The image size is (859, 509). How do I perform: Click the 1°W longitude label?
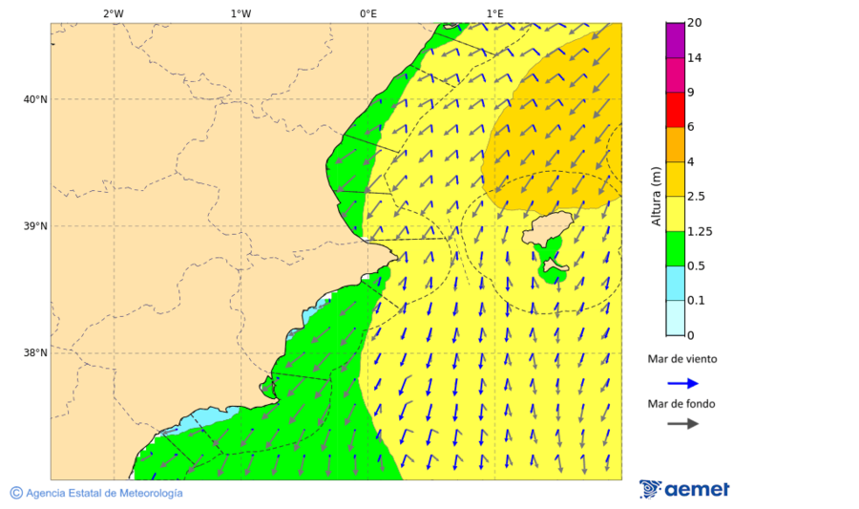coord(241,13)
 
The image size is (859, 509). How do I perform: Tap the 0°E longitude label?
coord(367,13)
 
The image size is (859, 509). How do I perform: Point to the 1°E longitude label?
coord(494,13)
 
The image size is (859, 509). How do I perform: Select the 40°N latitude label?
coord(34,99)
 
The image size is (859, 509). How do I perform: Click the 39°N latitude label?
coord(34,226)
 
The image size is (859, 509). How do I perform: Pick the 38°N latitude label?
coord(34,353)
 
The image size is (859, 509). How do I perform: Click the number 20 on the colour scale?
coord(695,23)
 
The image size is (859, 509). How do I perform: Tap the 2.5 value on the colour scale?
coord(697,197)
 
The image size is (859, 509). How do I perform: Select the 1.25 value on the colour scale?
coord(700,231)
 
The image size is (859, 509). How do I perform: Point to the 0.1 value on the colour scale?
coord(697,301)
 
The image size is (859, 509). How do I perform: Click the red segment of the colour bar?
coord(675,109)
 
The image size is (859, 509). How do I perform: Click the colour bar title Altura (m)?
coord(656,196)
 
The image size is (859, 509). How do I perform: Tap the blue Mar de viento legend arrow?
coord(682,383)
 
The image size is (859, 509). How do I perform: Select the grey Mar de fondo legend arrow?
coord(682,423)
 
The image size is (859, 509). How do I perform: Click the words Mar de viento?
coord(681,359)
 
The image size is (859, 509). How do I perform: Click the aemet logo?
coord(684,489)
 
